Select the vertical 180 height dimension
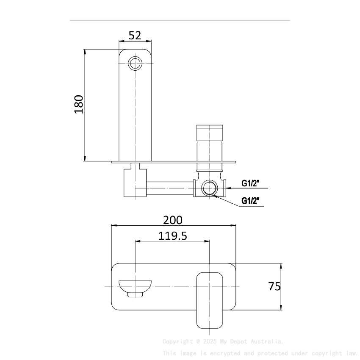pyautogui.click(x=79, y=104)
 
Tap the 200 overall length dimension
pyautogui.click(x=173, y=220)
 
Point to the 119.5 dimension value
pyautogui.click(x=173, y=235)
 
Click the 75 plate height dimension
pyautogui.click(x=274, y=286)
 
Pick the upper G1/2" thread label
pyautogui.click(x=250, y=183)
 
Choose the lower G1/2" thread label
pyautogui.click(x=250, y=200)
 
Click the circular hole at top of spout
pyautogui.click(x=135, y=64)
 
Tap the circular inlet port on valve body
pyautogui.click(x=208, y=187)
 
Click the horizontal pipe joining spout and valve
pyautogui.click(x=169, y=187)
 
